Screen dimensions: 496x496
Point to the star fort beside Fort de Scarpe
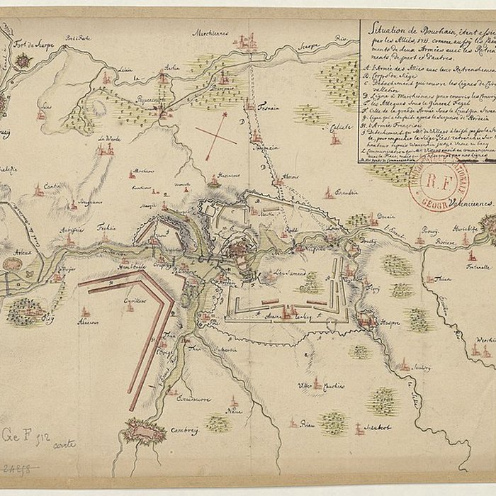pyautogui.click(x=23, y=61)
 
